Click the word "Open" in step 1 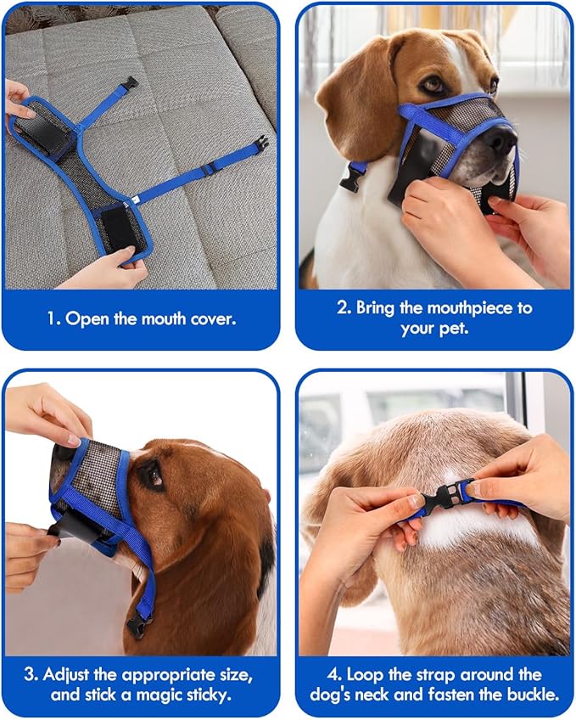click(x=87, y=319)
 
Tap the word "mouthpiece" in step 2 click(x=437, y=307)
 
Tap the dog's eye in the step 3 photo click(x=153, y=475)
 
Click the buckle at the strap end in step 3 click(x=136, y=627)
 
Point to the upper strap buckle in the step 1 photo click(x=130, y=83)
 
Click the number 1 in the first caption click(x=52, y=319)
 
